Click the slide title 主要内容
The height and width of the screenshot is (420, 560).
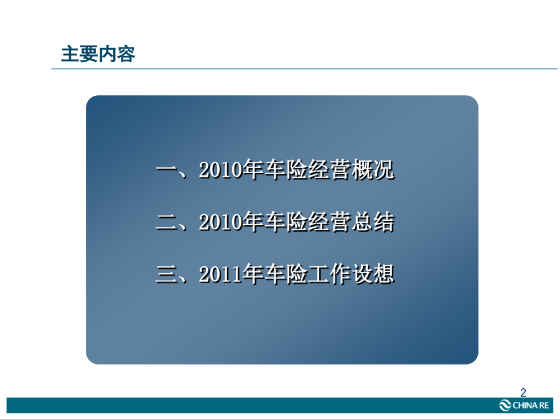tap(98, 54)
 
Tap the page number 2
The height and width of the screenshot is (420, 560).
tap(523, 393)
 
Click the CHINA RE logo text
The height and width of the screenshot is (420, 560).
tap(531, 405)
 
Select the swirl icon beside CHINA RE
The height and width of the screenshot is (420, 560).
tap(505, 405)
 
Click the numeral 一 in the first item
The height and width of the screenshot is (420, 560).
tap(167, 170)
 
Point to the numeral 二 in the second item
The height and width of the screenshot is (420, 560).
tap(167, 222)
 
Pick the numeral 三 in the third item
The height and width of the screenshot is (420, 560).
tap(167, 274)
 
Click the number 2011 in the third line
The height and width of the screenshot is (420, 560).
tap(220, 274)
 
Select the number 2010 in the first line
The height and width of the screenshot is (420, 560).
tap(220, 170)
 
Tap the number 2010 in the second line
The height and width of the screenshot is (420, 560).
tap(220, 222)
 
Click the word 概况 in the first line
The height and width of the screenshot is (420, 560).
tap(373, 170)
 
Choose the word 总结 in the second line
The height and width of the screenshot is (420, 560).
tap(373, 222)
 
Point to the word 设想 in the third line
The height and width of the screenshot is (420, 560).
tap(373, 274)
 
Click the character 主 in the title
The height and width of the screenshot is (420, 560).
tap(70, 54)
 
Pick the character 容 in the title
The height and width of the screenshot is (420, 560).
tap(126, 54)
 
